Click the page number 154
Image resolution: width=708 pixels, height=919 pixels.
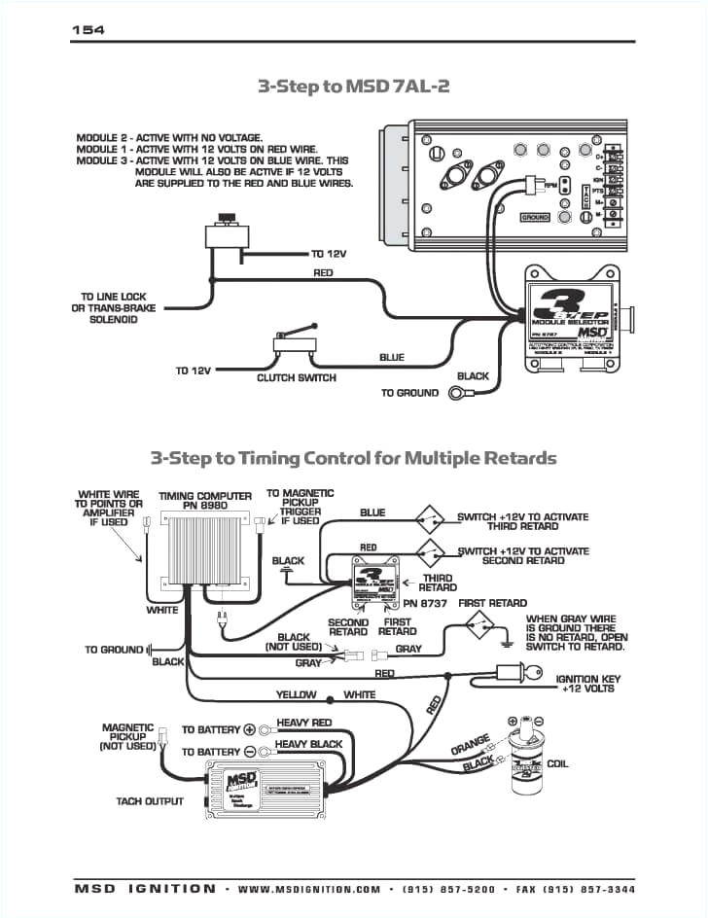point(88,30)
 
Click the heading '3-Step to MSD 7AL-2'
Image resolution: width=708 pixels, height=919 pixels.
point(354,86)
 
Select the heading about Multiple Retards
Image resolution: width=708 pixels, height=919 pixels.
point(353,457)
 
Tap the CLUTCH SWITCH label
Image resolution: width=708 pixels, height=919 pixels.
point(297,377)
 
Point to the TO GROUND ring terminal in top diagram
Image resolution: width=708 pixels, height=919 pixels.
point(456,393)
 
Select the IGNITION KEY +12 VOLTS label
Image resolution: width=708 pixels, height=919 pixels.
point(585,684)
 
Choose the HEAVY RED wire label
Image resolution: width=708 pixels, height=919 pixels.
point(304,724)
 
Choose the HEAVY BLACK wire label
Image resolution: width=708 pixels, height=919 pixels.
point(309,744)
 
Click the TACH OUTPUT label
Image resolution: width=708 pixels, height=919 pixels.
point(150,801)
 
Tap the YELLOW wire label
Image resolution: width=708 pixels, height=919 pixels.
point(297,695)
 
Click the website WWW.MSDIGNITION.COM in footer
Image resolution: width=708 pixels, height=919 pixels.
point(309,888)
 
